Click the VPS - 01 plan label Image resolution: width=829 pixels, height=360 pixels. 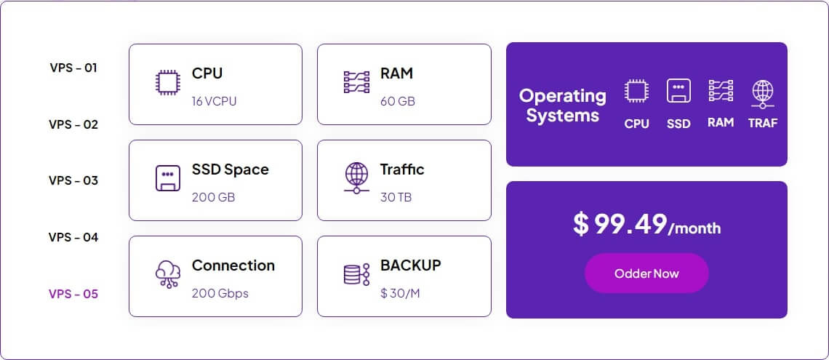73,68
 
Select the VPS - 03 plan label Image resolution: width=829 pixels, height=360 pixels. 73,181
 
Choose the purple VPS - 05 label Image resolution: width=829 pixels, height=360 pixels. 73,294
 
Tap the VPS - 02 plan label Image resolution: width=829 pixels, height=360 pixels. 73,125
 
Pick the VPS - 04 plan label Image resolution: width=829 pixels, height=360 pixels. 73,237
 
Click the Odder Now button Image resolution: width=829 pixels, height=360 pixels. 646,273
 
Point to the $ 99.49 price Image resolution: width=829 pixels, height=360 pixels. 620,224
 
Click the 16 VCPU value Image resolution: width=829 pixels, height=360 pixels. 214,102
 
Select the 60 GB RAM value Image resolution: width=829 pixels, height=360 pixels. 398,102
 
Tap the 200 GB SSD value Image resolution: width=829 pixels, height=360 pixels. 214,198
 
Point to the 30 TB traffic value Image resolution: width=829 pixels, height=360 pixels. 396,198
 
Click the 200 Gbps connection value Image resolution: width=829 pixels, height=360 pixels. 220,293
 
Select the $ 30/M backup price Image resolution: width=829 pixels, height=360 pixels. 400,293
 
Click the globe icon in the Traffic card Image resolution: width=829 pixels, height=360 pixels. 356,178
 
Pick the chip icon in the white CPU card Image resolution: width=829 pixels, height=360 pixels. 168,83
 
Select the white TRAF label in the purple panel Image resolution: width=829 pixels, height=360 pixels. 763,123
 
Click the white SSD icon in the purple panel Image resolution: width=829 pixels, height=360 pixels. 678,91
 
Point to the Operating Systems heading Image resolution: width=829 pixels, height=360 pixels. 563,105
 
